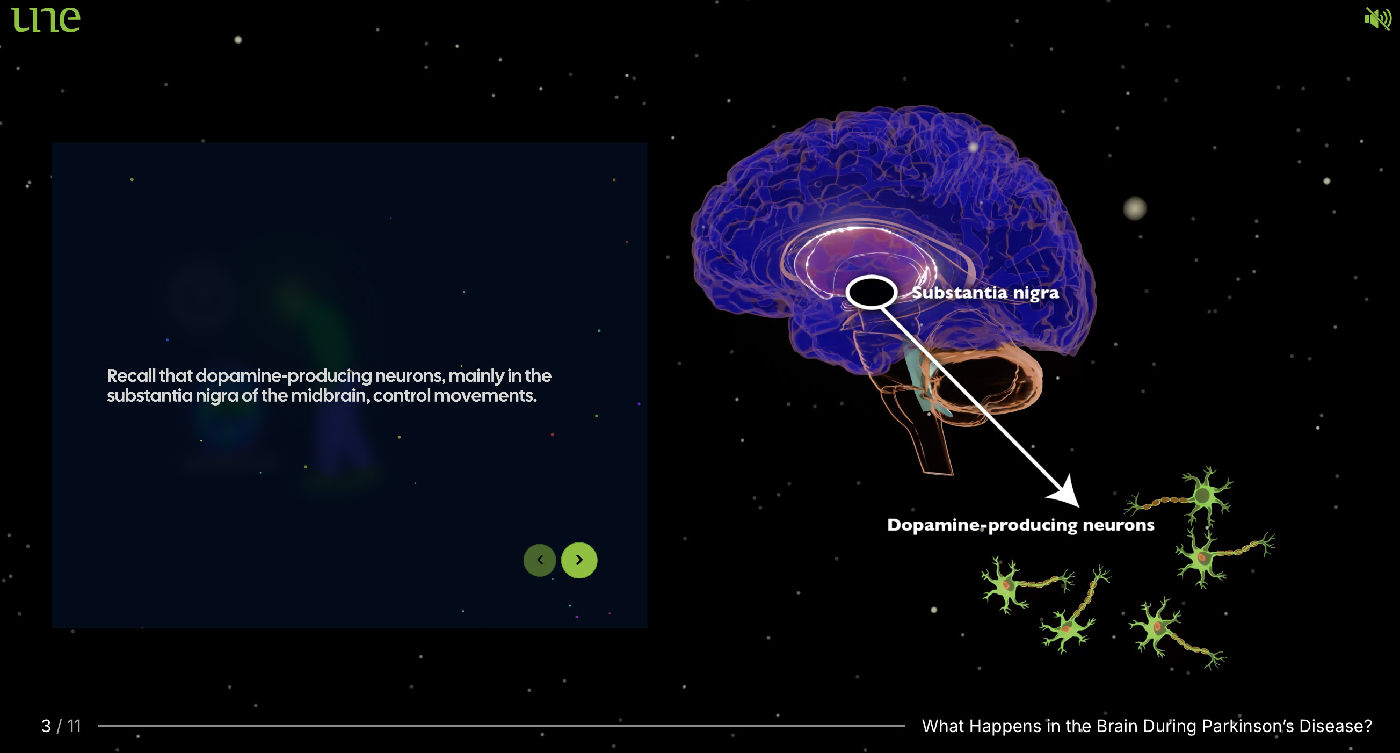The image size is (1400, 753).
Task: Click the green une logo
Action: click(x=46, y=19)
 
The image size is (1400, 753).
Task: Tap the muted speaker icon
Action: click(x=1376, y=19)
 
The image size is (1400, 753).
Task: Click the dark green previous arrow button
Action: click(x=540, y=560)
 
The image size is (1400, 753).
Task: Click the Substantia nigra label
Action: click(x=985, y=293)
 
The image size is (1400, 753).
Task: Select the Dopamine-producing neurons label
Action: click(x=1020, y=525)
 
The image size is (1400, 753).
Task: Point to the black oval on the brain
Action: click(x=871, y=292)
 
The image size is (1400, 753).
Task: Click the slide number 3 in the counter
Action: click(x=46, y=726)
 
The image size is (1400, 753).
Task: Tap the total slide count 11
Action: click(x=74, y=726)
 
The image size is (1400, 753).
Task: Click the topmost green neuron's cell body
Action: click(x=1204, y=495)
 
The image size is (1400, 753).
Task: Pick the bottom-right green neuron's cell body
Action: click(x=1158, y=628)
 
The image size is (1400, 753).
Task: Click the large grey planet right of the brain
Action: click(x=1134, y=208)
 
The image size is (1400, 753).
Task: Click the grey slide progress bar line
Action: click(x=500, y=725)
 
